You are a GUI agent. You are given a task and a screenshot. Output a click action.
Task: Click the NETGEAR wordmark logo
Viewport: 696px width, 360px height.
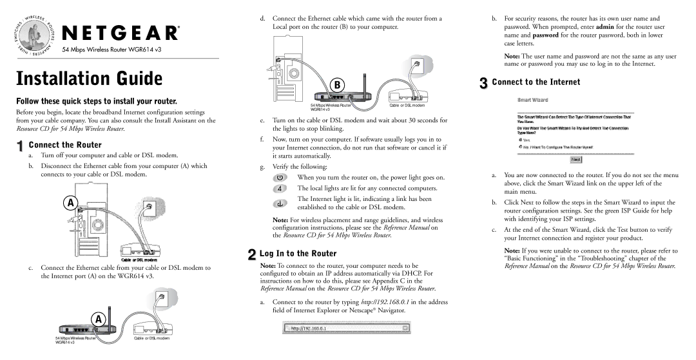[120, 33]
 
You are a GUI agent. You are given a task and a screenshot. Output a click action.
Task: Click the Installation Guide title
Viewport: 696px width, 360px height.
[89, 79]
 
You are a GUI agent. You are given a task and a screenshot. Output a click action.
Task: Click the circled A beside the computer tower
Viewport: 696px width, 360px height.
[72, 202]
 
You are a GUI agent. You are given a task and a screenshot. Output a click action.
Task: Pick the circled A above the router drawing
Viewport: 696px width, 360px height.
[98, 320]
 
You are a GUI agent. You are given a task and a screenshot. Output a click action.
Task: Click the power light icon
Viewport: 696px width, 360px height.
[279, 177]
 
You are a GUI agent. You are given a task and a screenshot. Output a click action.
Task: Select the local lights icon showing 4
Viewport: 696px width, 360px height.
[279, 188]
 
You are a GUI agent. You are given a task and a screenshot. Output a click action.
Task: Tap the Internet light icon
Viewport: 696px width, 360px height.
[279, 204]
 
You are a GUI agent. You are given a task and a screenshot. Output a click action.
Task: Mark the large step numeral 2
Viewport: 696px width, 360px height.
[251, 255]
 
